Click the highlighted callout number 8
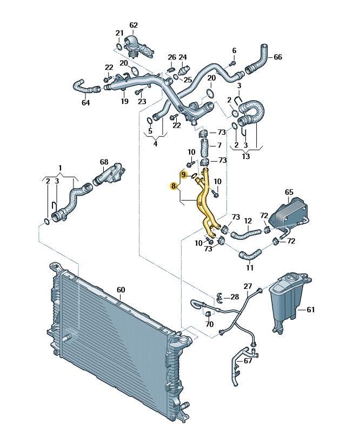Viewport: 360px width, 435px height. (x=174, y=186)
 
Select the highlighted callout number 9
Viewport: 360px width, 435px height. (x=183, y=175)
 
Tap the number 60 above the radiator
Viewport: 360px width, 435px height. (x=121, y=290)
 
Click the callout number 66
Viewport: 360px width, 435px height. (x=278, y=57)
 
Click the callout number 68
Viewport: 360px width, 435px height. (x=104, y=162)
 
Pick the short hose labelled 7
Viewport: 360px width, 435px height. (x=204, y=148)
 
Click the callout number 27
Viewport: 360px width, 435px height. (x=248, y=286)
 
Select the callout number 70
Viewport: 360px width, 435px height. (x=210, y=324)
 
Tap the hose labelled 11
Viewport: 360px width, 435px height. (x=250, y=254)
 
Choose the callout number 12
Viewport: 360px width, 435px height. (x=248, y=221)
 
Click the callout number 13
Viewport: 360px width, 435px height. (x=246, y=156)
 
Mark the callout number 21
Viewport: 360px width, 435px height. (x=119, y=33)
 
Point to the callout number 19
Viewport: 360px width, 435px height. (x=125, y=101)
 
